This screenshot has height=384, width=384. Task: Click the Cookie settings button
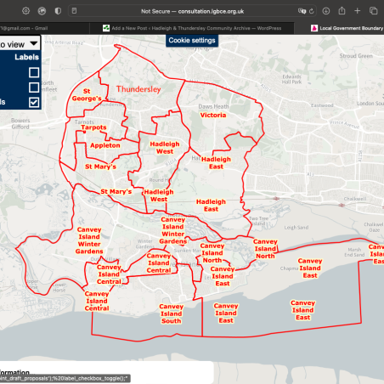point(191,40)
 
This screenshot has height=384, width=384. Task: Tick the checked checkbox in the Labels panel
point(34,102)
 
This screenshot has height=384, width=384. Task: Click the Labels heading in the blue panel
point(26,58)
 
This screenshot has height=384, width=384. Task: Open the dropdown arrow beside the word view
point(32,42)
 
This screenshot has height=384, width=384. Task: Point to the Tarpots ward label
point(93,127)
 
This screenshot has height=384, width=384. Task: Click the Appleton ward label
point(104,145)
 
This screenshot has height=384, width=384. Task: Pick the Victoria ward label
point(212,115)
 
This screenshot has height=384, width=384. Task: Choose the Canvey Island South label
point(171,315)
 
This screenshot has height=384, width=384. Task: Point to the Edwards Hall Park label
point(297,82)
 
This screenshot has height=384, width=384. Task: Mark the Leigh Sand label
point(296,227)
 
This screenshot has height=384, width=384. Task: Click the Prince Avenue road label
point(351,120)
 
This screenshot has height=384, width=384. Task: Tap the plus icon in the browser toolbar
point(355,11)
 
